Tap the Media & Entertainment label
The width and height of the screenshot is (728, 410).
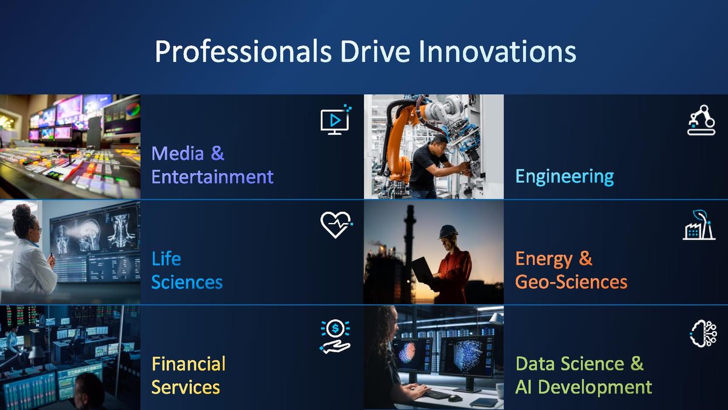click(x=212, y=165)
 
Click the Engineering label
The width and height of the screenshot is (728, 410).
click(x=564, y=177)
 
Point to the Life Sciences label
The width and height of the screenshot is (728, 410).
click(x=187, y=270)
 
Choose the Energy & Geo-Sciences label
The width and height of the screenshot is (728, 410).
click(x=571, y=270)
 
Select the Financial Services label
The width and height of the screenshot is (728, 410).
click(x=188, y=375)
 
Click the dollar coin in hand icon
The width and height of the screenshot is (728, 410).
click(x=335, y=336)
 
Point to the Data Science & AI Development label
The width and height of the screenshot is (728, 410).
click(x=583, y=375)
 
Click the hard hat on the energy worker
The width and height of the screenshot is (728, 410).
click(x=448, y=231)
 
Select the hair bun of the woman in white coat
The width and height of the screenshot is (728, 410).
click(x=22, y=212)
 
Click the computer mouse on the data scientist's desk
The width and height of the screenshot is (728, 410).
click(x=454, y=398)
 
